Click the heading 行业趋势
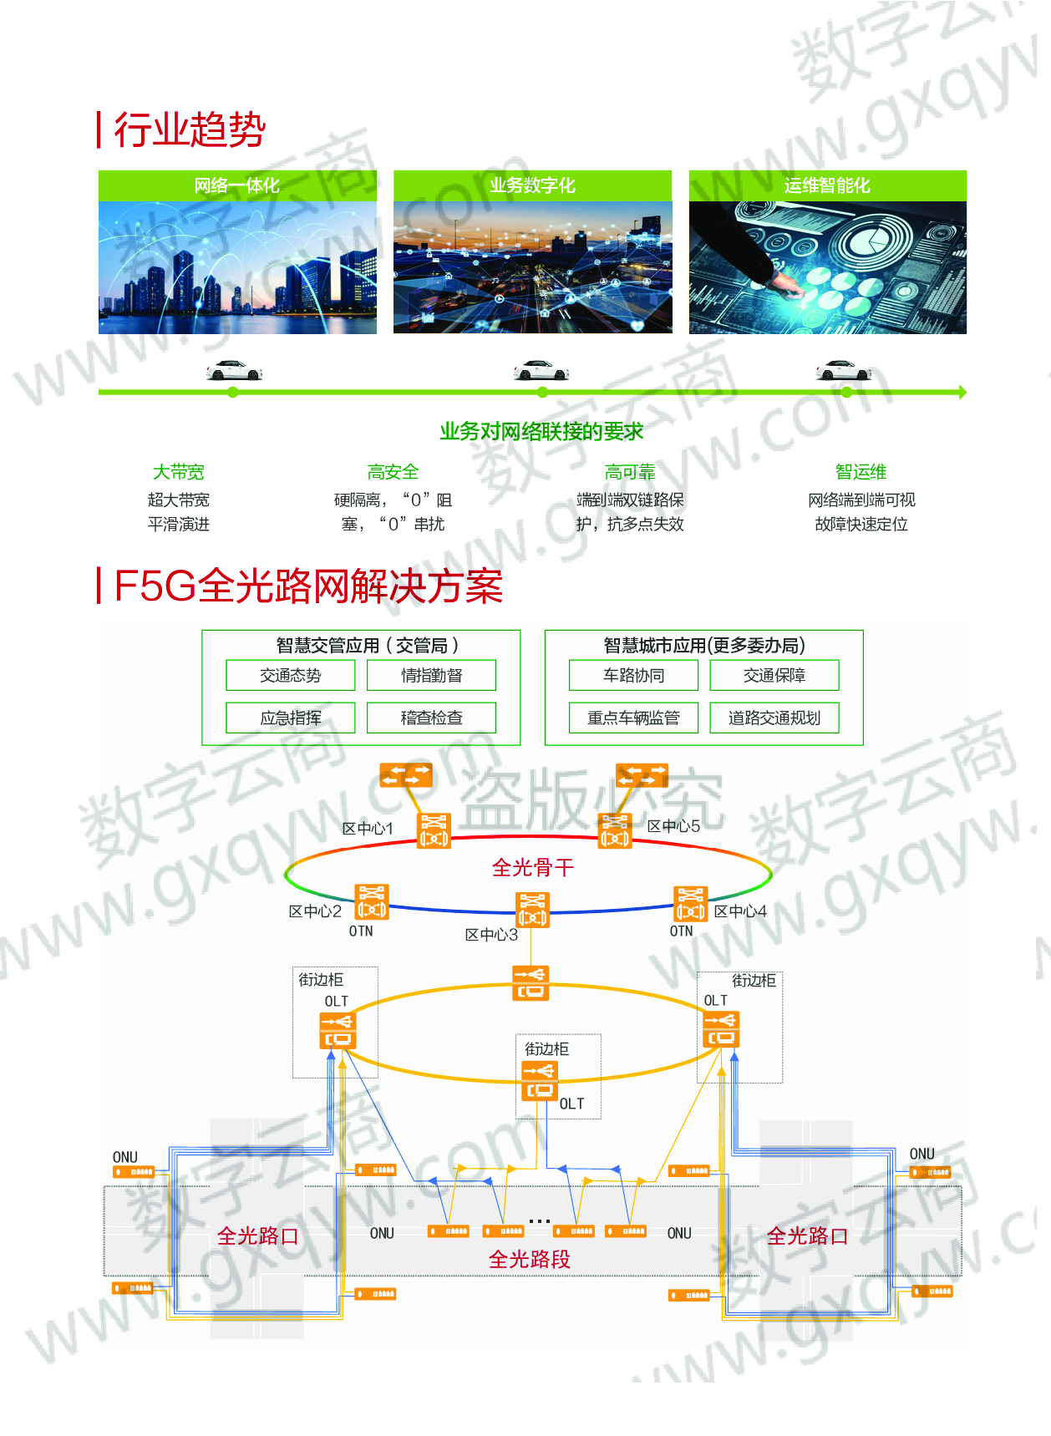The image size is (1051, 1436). coord(190,130)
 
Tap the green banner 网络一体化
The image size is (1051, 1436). coord(237,185)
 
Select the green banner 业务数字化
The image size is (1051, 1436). coord(532,185)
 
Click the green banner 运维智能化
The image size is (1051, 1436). coord(827,185)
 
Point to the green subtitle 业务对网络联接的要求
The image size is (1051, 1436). coord(541,432)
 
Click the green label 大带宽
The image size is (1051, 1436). coord(178,472)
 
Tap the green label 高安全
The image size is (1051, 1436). coord(393,472)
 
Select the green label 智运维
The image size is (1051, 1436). coord(861,472)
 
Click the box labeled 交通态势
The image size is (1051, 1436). coord(291,675)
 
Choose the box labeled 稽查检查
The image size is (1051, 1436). coord(431,718)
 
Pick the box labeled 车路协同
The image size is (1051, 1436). coord(633,675)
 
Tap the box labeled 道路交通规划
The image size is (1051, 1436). coord(774,718)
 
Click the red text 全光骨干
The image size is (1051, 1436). coord(533,868)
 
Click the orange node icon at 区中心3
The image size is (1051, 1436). coord(533,910)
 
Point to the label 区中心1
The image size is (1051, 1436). coord(368,829)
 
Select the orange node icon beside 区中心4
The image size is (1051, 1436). coord(690,904)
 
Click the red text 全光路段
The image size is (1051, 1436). coord(530,1259)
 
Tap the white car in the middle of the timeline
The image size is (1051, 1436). coord(541,370)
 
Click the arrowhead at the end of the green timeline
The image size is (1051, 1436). coord(963,392)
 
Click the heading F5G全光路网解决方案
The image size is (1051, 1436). coord(308,586)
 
